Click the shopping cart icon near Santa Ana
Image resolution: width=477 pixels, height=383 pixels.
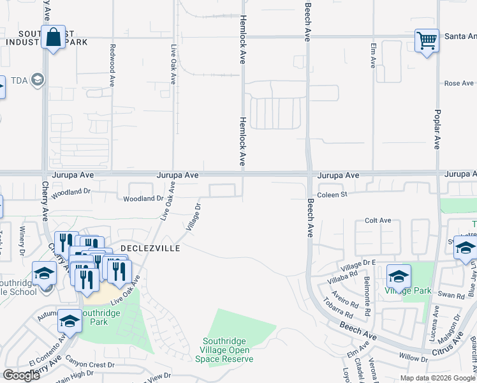[x=427, y=41]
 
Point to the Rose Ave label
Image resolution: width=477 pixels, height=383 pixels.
[x=459, y=84]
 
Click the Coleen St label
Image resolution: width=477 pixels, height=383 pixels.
[x=332, y=195]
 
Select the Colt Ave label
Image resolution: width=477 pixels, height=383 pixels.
[x=378, y=220]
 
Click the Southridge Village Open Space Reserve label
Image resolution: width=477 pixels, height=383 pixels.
[x=228, y=350]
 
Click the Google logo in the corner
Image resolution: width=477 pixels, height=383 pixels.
[x=21, y=375]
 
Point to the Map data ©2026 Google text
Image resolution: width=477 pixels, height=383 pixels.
[x=437, y=378]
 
